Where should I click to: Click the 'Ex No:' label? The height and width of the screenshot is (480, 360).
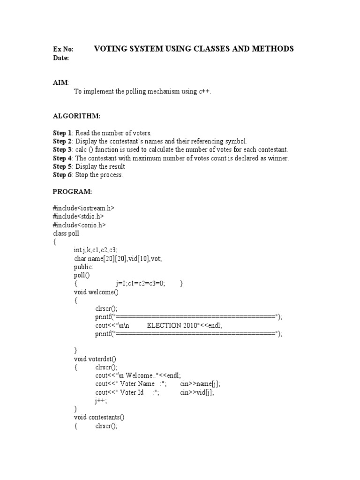coord(63,49)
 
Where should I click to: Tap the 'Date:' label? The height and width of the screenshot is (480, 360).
coord(61,58)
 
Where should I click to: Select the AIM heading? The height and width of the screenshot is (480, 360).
coord(60,82)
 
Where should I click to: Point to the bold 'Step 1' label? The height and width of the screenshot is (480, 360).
coord(62,133)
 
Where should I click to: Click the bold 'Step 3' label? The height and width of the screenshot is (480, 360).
coord(62,150)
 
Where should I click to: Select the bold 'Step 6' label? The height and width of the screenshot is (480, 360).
coord(62,175)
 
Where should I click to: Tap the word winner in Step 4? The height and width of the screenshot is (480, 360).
coord(277,158)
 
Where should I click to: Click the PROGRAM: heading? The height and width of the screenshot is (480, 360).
coord(73,192)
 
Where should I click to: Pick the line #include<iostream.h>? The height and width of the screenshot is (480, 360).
coord(83,208)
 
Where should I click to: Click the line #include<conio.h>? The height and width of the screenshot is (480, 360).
coord(79,225)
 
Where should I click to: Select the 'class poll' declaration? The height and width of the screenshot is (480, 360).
coord(66,233)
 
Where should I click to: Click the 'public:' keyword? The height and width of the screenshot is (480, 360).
coord(83,267)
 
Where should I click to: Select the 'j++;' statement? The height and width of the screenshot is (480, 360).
coord(101,401)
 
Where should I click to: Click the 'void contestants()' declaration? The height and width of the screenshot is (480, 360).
coord(99,417)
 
